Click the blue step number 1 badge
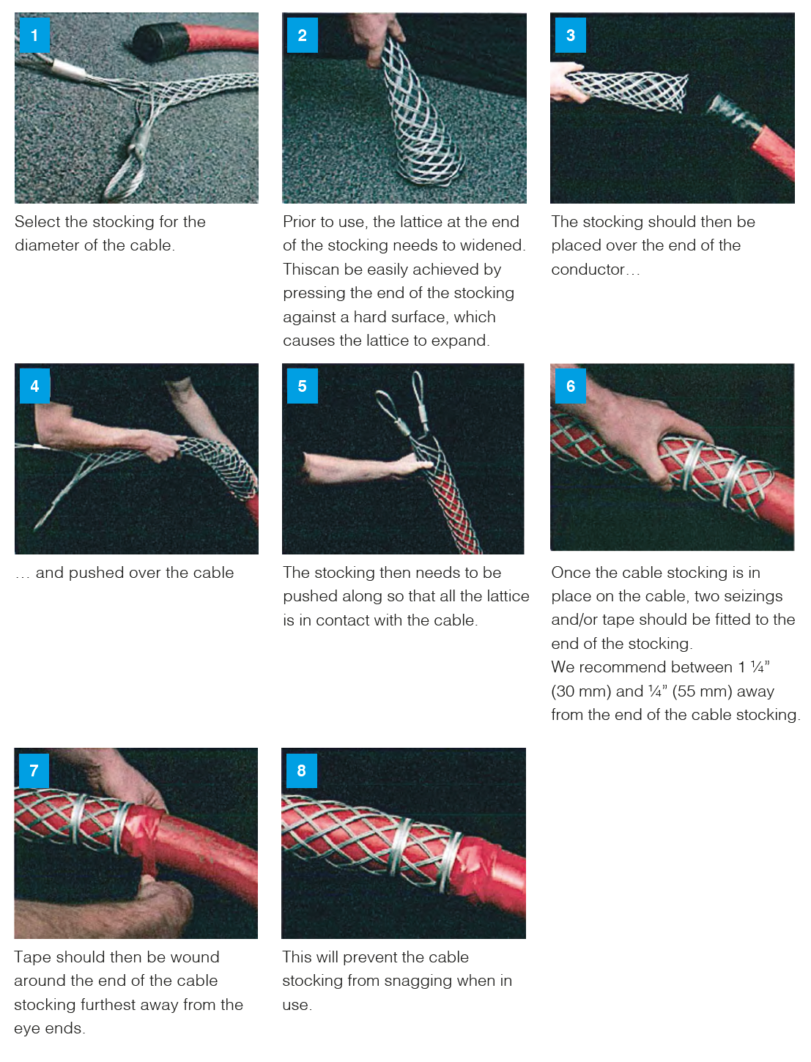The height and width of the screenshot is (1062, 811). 34,35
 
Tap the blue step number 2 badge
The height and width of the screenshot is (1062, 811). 302,35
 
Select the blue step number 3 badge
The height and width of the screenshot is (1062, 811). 570,35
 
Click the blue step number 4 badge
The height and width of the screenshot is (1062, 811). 34,385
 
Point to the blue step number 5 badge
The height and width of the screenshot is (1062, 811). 302,385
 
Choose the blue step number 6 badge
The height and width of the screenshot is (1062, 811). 570,385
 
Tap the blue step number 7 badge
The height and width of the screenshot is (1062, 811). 34,770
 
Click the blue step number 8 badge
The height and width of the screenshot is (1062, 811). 301,770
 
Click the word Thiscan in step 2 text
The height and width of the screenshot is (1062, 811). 311,269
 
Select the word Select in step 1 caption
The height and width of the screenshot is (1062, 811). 37,222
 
